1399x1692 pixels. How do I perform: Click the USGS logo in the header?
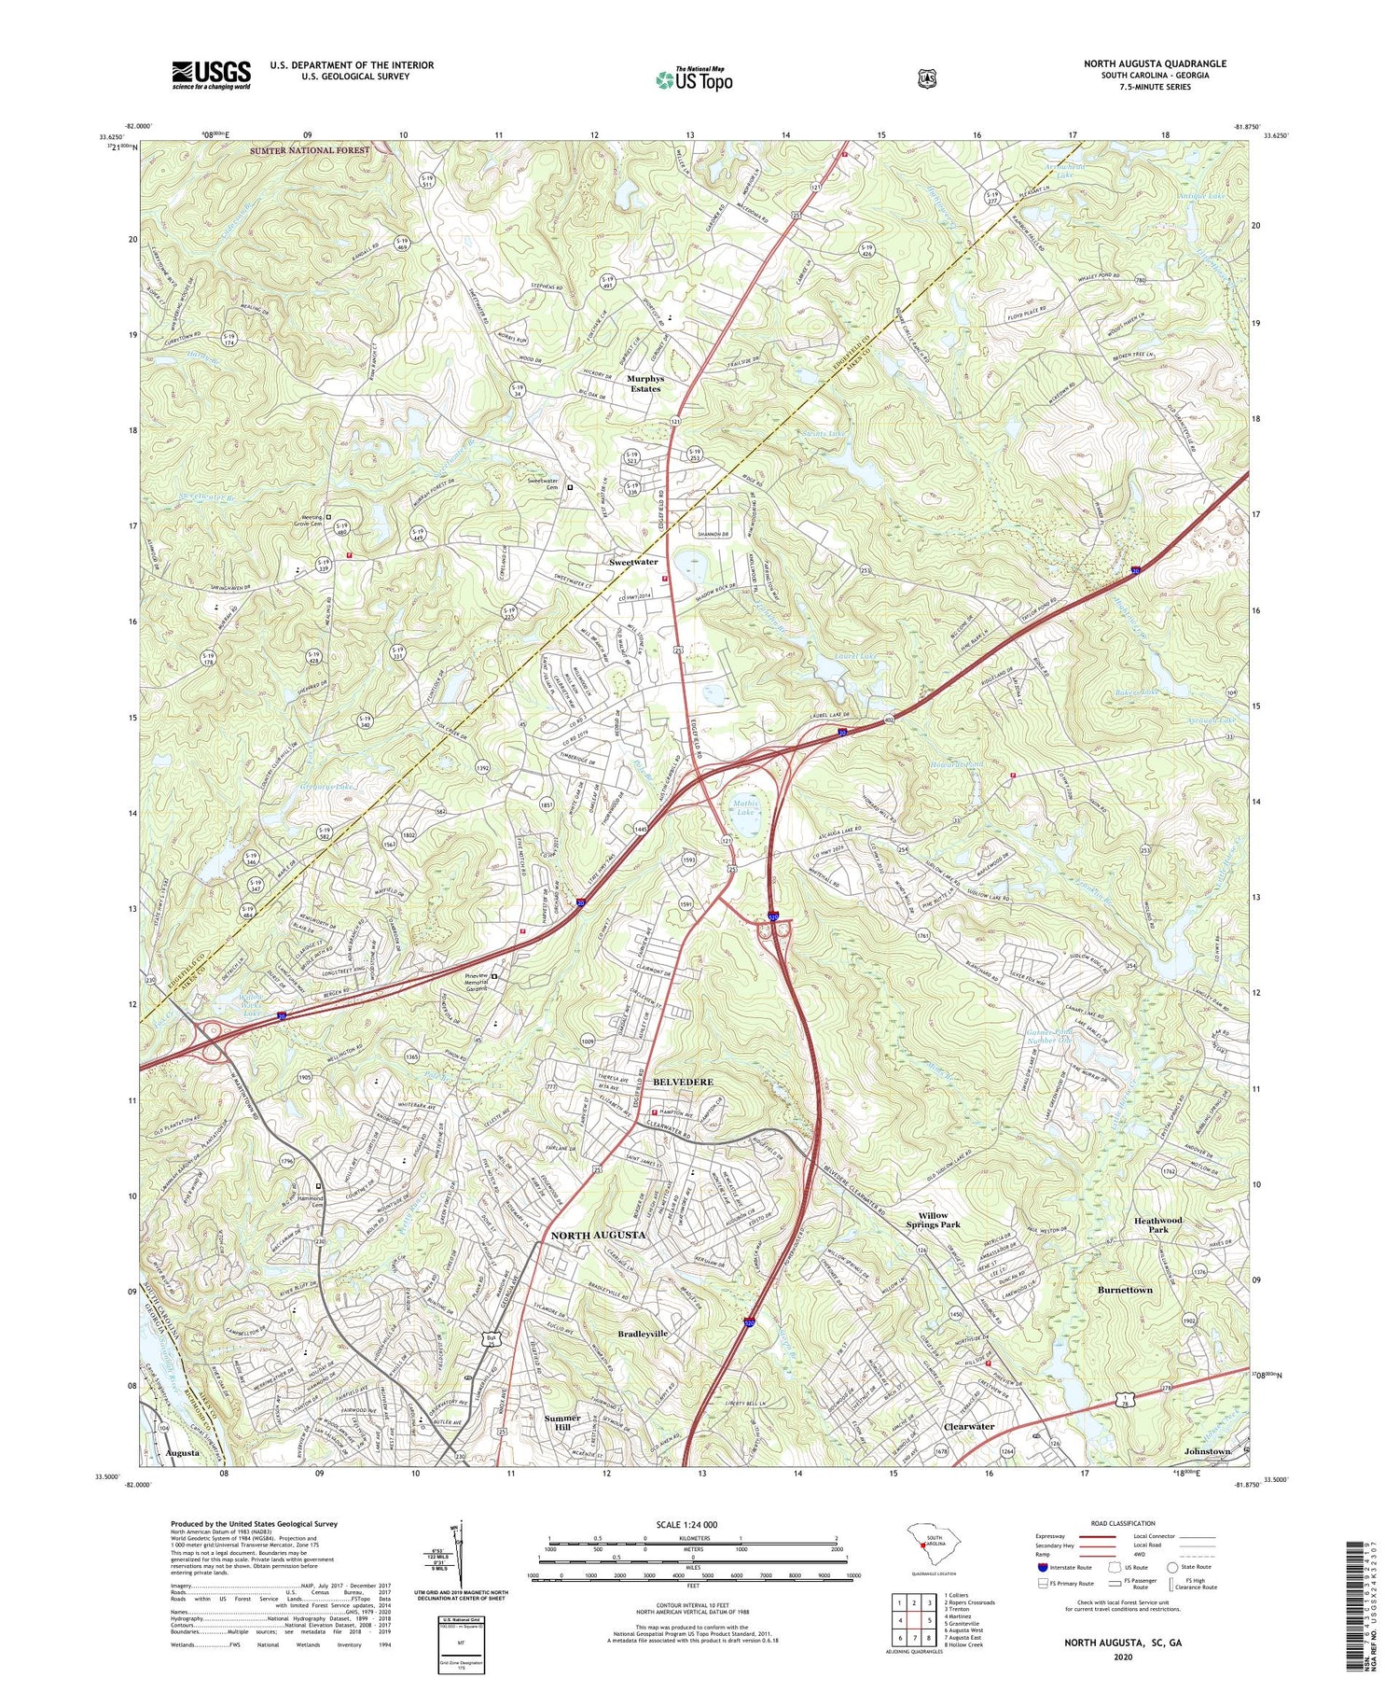coord(211,75)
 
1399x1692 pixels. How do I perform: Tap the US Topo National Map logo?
coord(695,79)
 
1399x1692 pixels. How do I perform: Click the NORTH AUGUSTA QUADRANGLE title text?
coord(1155,63)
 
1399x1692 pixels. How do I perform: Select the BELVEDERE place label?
coord(683,1082)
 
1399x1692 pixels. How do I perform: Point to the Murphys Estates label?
coord(644,384)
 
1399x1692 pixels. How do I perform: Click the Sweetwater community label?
coord(633,562)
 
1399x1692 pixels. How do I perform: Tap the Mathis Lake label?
coord(745,807)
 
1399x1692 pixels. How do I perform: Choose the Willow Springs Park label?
coord(933,1221)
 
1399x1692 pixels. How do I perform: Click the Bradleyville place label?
coord(644,1334)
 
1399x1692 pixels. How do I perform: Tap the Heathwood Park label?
coord(1157,1224)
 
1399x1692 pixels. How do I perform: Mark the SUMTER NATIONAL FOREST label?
coord(310,150)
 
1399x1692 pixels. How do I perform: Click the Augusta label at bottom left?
coord(182,1453)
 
